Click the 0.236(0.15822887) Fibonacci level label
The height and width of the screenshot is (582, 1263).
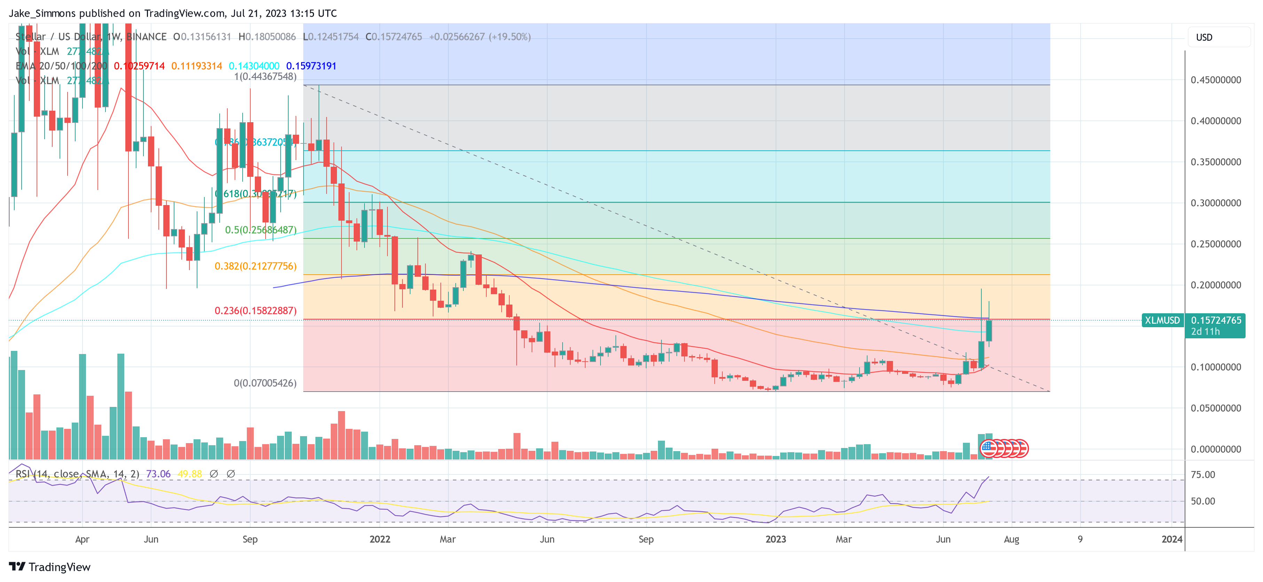tap(256, 311)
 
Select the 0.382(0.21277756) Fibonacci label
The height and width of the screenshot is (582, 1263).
tap(256, 266)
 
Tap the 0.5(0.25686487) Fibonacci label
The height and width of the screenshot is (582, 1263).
tap(261, 230)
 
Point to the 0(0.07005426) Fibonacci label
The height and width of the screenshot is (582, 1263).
tap(265, 383)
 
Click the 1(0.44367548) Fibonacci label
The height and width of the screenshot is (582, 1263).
tap(265, 77)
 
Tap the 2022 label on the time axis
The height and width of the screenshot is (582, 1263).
tap(379, 539)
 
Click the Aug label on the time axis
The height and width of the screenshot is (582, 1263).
tap(1011, 539)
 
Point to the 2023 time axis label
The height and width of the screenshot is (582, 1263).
tap(776, 539)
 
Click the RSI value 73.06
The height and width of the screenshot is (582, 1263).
tap(158, 474)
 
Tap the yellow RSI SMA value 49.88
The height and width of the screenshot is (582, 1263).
tap(190, 474)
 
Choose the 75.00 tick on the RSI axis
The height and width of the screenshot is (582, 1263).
tap(1203, 475)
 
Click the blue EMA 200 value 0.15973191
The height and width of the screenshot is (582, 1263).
tap(311, 66)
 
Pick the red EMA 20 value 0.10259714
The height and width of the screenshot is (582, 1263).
tap(139, 66)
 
